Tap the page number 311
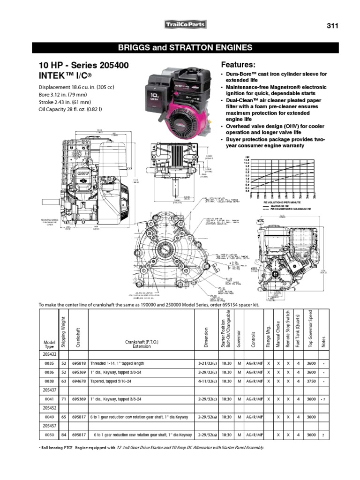[332, 25]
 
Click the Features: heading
[238, 64]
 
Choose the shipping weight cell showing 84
[63, 435]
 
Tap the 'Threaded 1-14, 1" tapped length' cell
[117, 363]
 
